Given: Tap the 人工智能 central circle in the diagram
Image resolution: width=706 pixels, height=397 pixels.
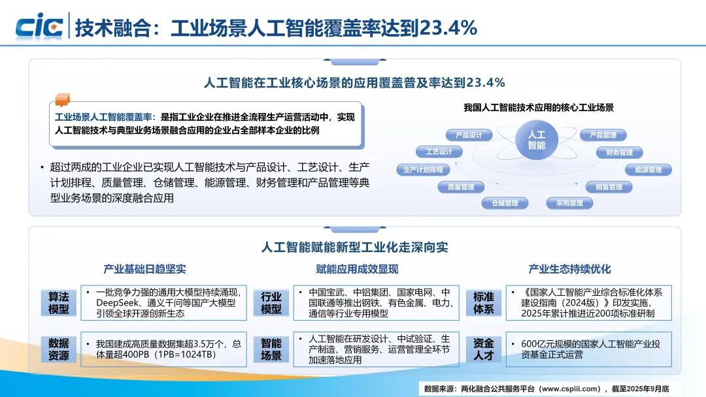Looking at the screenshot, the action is tap(536, 140).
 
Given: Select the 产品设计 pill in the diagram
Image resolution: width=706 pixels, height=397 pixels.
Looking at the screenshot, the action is tap(469, 135).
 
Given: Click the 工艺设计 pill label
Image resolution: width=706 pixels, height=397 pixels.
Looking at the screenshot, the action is tap(439, 151).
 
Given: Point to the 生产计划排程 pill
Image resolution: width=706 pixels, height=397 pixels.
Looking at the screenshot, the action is tap(423, 170).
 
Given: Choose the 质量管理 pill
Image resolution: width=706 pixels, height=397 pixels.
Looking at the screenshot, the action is tap(461, 187).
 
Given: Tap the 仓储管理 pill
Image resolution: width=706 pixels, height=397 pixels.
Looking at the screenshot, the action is tap(505, 203).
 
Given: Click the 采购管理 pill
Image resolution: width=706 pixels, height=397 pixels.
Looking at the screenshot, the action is tap(569, 203).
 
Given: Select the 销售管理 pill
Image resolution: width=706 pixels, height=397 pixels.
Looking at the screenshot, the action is tap(609, 187).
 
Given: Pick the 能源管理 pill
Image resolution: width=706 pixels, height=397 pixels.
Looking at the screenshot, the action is tap(648, 170).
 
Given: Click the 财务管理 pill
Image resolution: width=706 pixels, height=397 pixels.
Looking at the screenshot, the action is tap(619, 152).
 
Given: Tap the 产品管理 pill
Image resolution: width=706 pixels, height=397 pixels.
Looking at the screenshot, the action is tap(603, 135).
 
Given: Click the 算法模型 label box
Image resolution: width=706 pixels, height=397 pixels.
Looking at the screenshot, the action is tap(59, 303).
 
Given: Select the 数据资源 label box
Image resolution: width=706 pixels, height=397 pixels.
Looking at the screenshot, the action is tap(59, 349).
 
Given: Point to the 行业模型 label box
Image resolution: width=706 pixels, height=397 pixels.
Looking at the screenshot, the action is tap(271, 303).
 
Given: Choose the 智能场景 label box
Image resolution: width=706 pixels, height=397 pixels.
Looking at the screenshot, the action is tap(271, 349).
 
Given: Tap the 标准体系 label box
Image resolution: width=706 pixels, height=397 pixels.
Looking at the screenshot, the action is tap(484, 303).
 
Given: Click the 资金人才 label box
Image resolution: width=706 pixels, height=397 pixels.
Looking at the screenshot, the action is tap(484, 349).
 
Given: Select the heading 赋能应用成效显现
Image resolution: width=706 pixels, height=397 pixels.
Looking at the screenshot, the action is tap(357, 269).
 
